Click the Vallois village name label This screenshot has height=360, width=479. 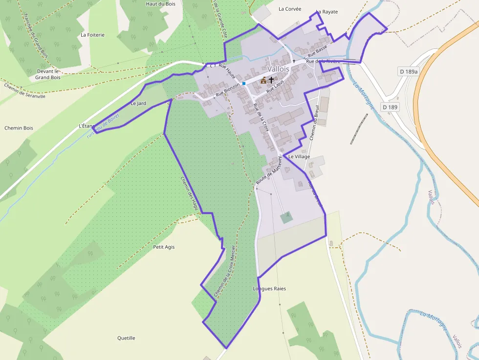coord(278,69)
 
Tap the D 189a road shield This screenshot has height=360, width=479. coord(409,72)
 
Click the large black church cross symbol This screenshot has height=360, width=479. coord(271,79)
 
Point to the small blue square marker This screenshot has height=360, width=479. coord(243,84)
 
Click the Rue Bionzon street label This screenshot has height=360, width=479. coord(228,88)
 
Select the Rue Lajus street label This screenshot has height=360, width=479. coord(275,87)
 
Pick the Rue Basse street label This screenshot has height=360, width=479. coord(317,50)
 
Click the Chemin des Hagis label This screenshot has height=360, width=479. coord(188,193)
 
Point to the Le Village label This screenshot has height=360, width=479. coord(299,156)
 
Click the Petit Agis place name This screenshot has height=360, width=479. coord(164,247)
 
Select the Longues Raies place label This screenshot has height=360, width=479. coord(269,289)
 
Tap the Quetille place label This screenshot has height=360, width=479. coord(126,338)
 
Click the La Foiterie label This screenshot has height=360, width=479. coord(93,35)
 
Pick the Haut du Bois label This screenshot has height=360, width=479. coord(161,4)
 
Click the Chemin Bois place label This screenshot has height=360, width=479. coord(19,128)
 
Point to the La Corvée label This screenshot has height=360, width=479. coord(290,9)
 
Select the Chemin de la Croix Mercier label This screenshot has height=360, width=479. coord(225,272)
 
